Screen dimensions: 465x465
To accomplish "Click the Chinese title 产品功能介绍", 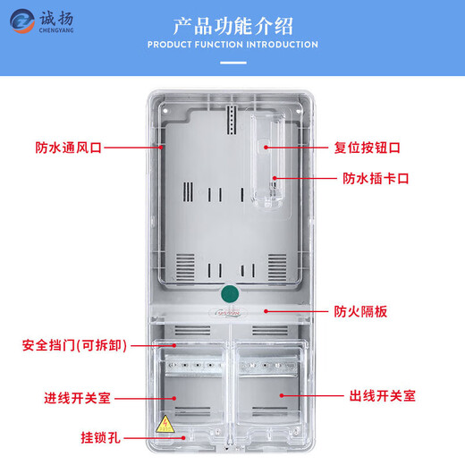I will (232, 24).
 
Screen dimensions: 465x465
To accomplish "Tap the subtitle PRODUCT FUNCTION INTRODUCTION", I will (232, 45).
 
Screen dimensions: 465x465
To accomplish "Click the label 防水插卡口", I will (376, 178).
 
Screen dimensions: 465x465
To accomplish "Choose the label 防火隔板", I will (361, 311).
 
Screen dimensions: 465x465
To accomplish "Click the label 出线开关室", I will (381, 394).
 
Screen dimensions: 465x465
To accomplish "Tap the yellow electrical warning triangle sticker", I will (165, 424).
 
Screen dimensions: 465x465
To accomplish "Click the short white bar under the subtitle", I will (232, 63).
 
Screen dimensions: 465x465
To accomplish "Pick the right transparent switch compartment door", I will (270, 393).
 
